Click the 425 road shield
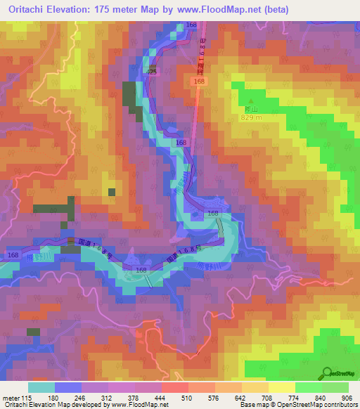pos(152,72)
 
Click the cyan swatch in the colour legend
pos(41,387)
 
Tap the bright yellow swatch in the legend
pos(281,387)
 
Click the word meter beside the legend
pos(11,398)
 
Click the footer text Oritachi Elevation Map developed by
pos(53,405)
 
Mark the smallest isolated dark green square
pos(111,191)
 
